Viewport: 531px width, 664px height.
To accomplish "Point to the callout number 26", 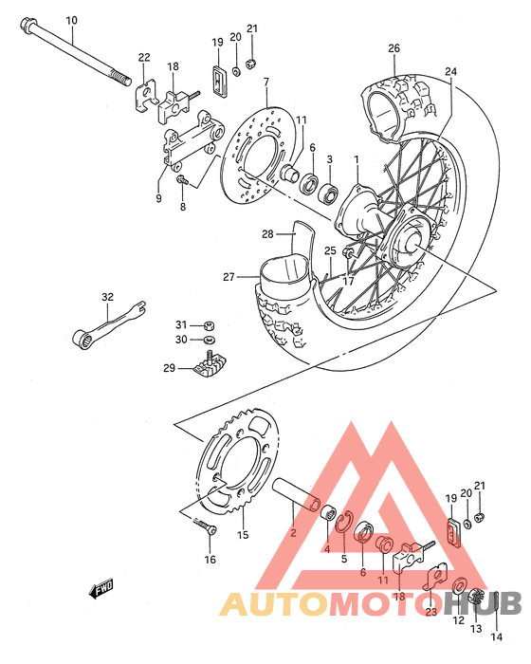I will [394, 47].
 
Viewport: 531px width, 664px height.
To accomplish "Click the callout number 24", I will [450, 71].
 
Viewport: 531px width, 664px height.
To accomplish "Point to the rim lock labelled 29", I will [211, 364].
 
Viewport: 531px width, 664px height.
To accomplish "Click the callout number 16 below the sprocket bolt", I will [210, 560].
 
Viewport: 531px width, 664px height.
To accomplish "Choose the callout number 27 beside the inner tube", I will [229, 277].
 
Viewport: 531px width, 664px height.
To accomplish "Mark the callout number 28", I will [267, 233].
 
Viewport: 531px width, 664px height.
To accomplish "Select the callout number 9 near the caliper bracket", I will [159, 197].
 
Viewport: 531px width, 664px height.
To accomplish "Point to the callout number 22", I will [144, 58].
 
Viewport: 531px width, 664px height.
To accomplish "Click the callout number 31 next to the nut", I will [180, 323].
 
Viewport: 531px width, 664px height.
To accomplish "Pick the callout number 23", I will [430, 612].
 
